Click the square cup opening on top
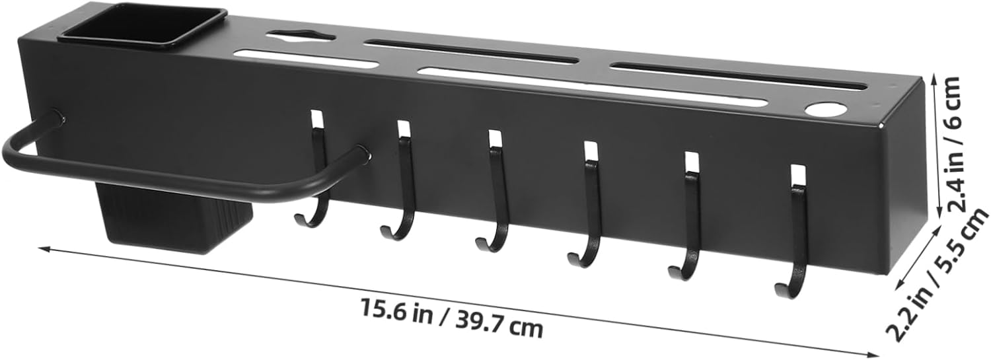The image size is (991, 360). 142,26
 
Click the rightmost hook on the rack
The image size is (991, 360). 796,231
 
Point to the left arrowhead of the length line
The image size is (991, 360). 44,249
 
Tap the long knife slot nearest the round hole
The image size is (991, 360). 738,77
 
